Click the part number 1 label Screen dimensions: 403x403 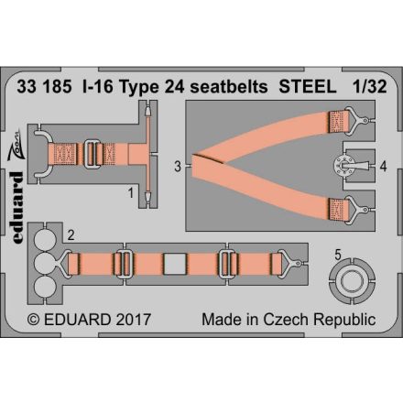point(131,192)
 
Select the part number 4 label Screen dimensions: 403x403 point(383,168)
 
